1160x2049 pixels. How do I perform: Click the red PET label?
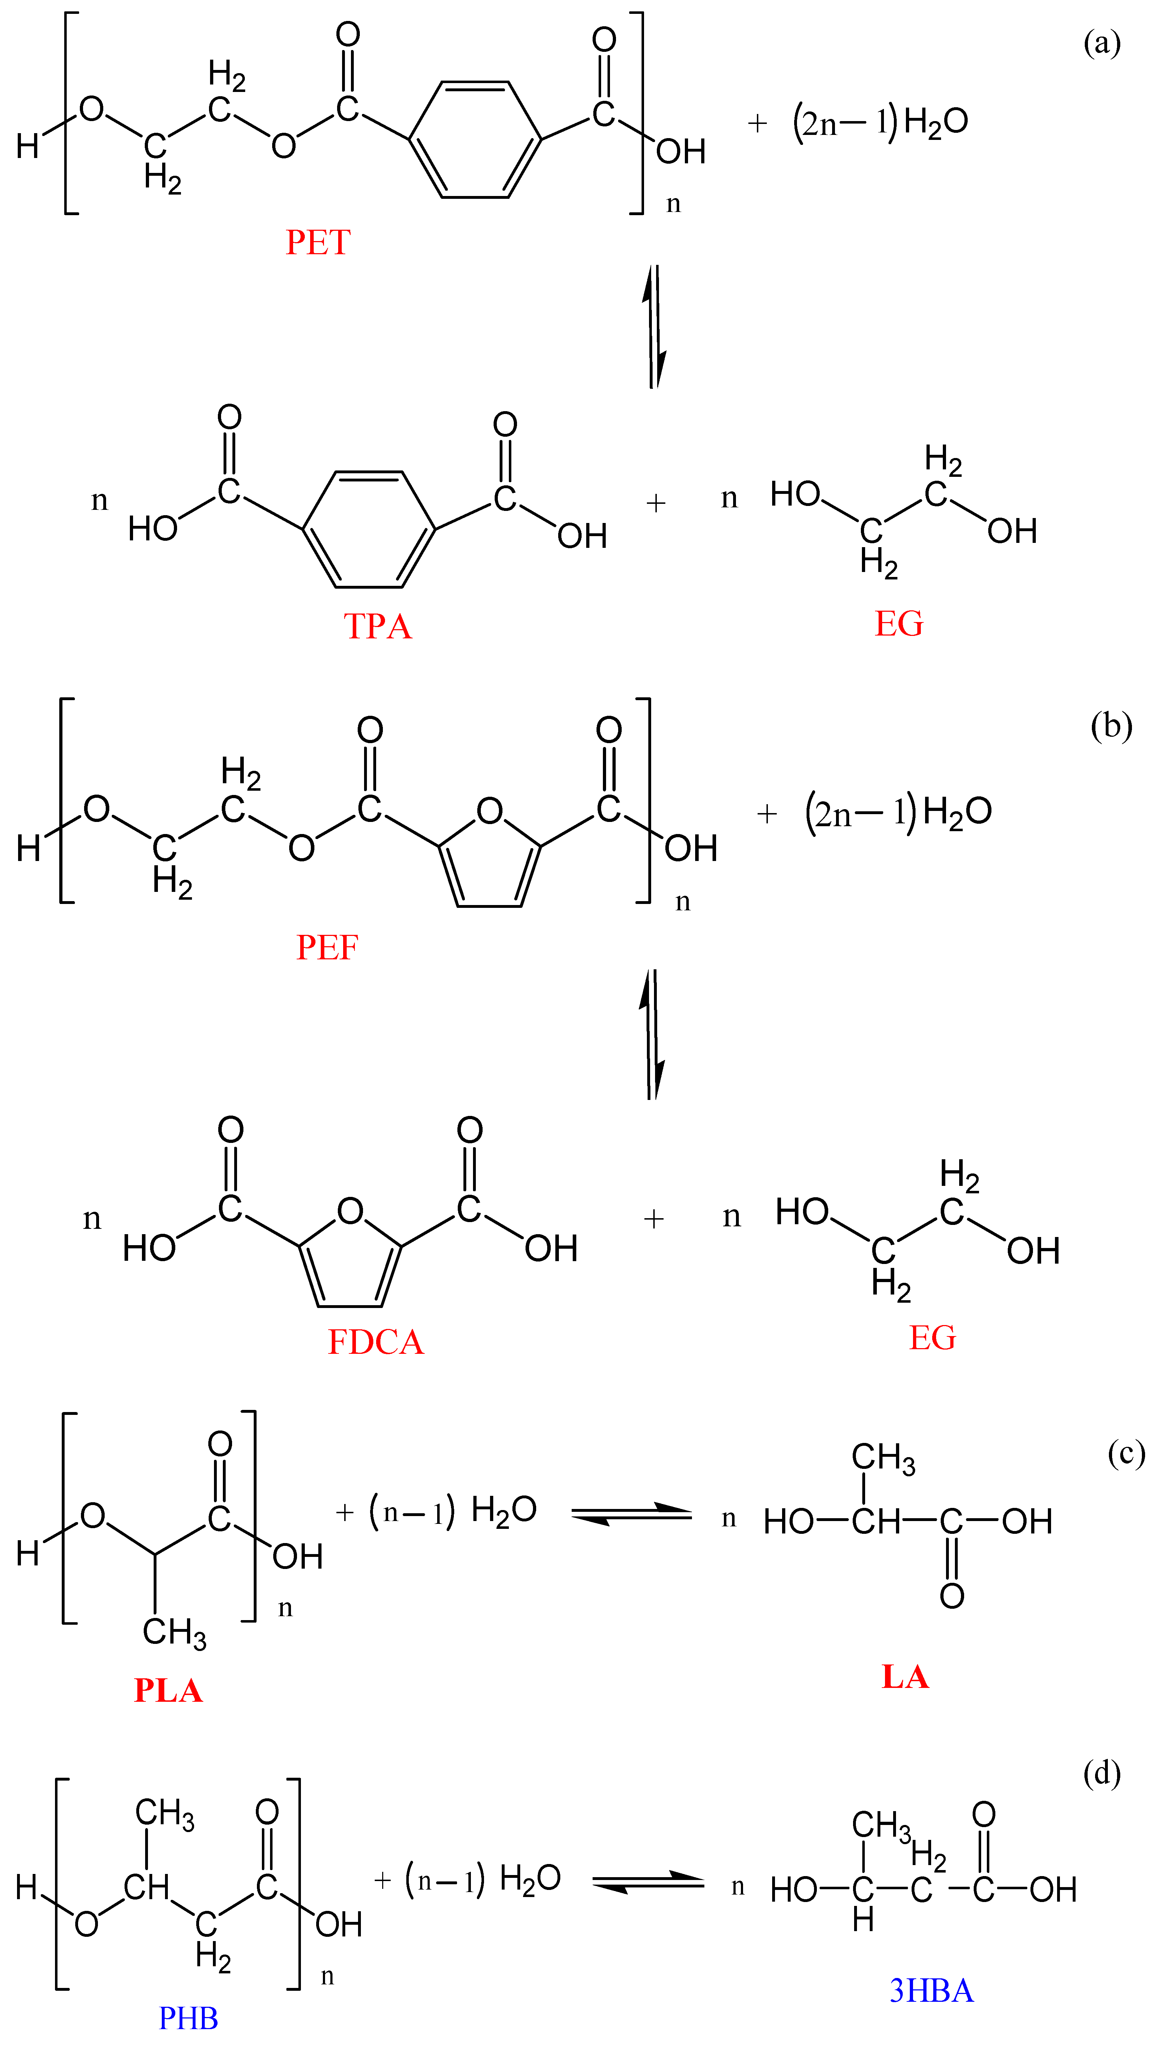pyautogui.click(x=318, y=242)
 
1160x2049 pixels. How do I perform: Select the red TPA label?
pyautogui.click(x=378, y=626)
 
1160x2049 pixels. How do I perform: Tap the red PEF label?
pyautogui.click(x=328, y=948)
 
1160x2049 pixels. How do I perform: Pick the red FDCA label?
pyautogui.click(x=376, y=1342)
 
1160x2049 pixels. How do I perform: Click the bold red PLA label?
pyautogui.click(x=168, y=1690)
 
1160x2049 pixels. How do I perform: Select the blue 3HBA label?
pyautogui.click(x=931, y=1991)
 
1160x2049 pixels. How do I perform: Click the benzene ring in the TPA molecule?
pyautogui.click(x=369, y=529)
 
